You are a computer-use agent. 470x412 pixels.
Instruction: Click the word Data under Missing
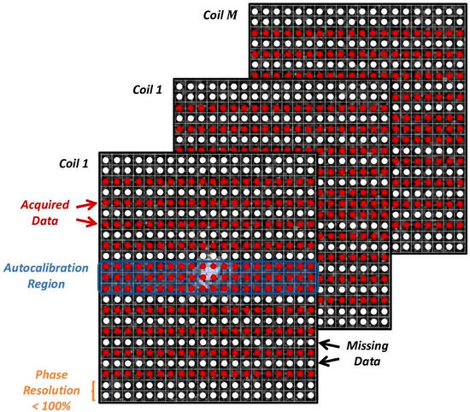[368, 362]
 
